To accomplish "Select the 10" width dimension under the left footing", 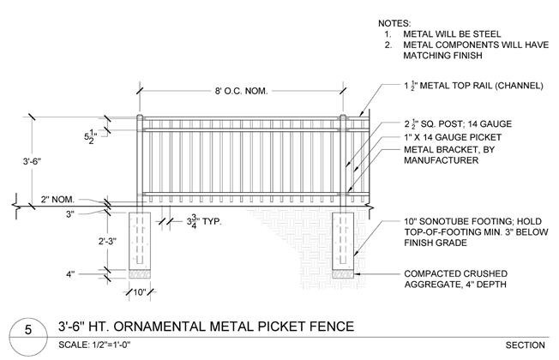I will (x=139, y=291).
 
